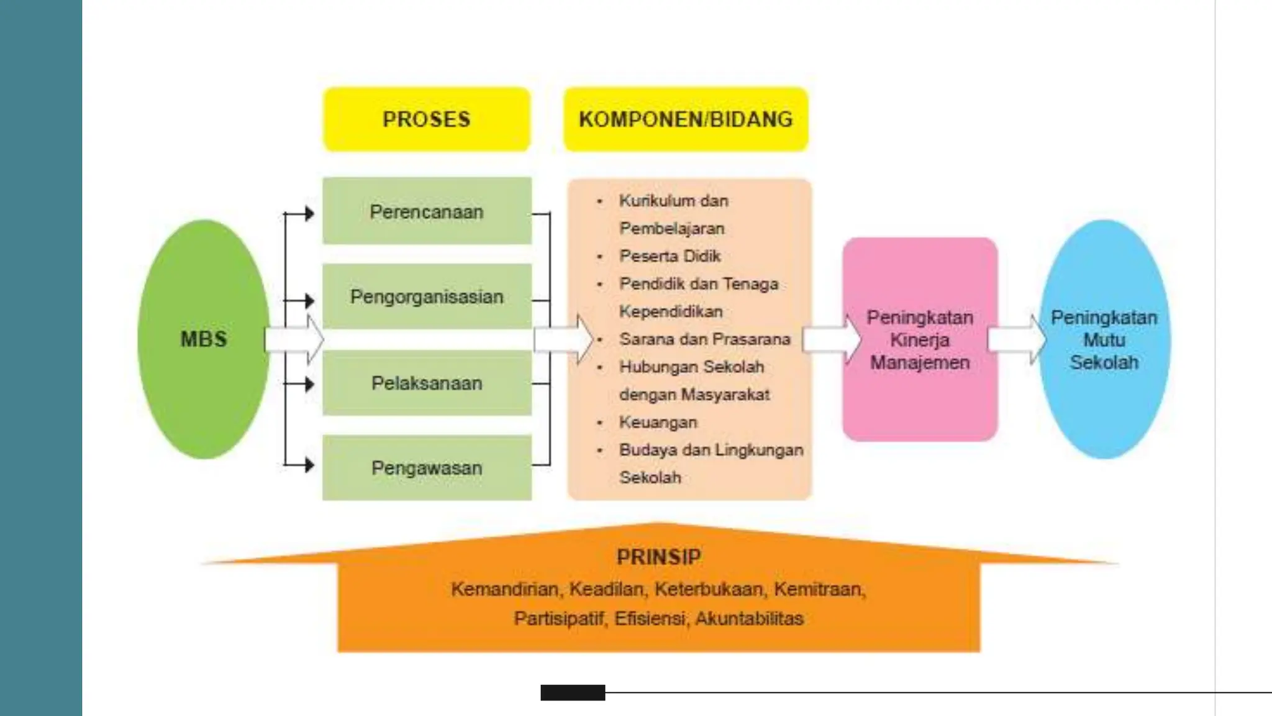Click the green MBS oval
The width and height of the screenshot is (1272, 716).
204,339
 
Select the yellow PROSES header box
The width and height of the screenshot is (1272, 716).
427,119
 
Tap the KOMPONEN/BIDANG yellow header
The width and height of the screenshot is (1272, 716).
686,119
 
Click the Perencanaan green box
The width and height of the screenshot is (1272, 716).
427,211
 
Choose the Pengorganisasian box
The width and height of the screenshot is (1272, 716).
427,296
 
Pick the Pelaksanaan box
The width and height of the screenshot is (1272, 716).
427,383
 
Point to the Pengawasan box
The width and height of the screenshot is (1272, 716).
427,468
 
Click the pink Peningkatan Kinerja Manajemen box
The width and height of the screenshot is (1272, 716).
920,340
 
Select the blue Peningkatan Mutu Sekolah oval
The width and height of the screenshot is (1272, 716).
1104,340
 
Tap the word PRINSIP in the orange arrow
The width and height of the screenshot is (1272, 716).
658,557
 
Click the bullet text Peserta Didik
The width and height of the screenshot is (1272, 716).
670,256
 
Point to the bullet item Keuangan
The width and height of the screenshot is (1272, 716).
658,423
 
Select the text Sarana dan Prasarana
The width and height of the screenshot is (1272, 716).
704,339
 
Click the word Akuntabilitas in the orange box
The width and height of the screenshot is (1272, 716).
749,619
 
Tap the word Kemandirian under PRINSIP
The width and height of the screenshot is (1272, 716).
504,589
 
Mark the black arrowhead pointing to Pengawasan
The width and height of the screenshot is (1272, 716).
309,464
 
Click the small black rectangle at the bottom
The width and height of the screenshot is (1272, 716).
573,692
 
